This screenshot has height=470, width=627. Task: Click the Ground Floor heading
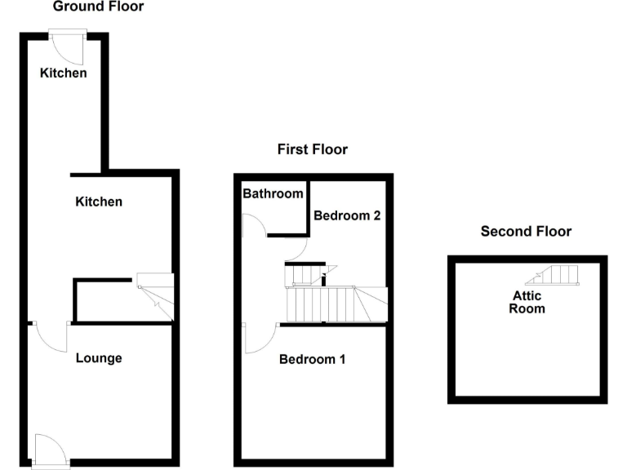(98, 7)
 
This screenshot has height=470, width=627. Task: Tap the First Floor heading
(312, 149)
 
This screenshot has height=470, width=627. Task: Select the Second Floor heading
(526, 231)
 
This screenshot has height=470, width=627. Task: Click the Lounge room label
(99, 357)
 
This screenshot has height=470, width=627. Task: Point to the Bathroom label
(273, 193)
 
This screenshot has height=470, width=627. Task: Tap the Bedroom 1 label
(312, 359)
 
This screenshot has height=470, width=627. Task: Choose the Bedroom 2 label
(347, 216)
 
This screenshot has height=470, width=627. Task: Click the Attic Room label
(527, 302)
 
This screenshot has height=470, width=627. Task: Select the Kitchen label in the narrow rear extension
(64, 73)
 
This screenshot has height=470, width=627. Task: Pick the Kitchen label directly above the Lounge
(99, 202)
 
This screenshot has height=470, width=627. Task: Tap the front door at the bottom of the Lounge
(49, 450)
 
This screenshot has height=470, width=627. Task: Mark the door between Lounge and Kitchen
(52, 335)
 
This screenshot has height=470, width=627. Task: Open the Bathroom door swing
(254, 225)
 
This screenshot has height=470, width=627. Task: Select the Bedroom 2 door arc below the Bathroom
(295, 250)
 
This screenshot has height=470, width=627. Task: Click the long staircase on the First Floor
(335, 304)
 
